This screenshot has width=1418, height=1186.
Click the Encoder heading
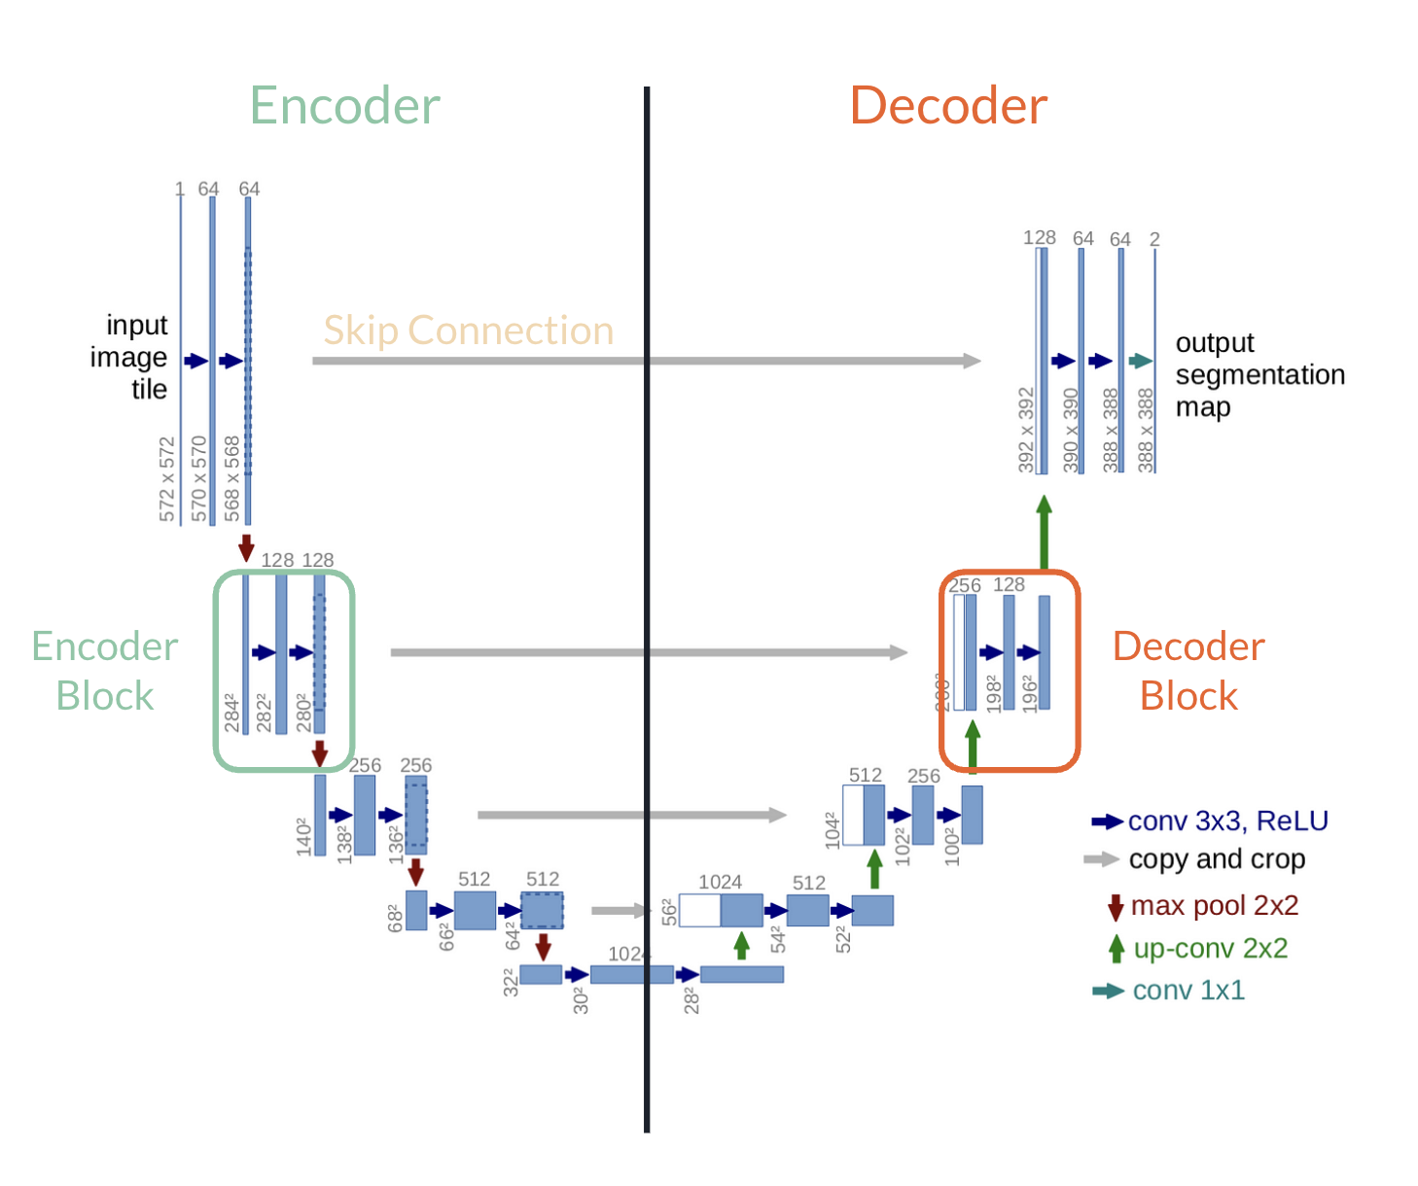344,106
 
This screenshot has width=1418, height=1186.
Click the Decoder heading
948,106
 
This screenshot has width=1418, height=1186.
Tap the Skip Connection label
468,331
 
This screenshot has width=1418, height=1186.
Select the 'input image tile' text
130,357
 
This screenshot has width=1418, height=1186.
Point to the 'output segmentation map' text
1258,374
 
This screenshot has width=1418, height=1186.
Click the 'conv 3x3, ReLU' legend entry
1227,821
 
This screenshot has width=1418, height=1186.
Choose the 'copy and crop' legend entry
1216,859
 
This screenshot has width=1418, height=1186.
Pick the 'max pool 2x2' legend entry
1214,906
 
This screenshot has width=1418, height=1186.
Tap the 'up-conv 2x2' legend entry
1210,949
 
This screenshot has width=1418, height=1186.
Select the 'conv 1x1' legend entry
1188,991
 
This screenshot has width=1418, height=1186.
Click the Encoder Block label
105,671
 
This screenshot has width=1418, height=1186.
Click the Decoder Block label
1188,671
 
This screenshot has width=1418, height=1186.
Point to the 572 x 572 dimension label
167,479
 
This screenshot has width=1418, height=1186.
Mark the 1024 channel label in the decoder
720,882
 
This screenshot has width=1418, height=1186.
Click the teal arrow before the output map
1140,362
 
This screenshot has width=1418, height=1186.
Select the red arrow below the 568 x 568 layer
246,547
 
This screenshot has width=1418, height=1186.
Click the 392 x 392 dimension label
1026,430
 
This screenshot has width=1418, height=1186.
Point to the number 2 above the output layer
1154,239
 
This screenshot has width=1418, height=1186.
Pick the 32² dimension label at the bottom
511,982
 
